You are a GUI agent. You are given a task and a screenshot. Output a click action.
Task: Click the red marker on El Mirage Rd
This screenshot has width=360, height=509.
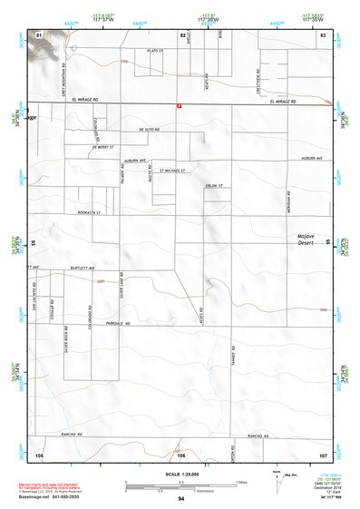(180, 106)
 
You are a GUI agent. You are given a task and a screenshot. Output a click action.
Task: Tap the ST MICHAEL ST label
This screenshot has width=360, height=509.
(172, 170)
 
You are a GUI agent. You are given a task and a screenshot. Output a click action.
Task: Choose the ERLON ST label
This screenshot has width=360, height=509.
(213, 187)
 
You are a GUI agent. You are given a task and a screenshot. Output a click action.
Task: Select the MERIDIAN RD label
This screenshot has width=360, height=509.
(287, 201)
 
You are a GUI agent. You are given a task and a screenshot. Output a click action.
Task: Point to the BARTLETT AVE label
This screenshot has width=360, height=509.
(82, 269)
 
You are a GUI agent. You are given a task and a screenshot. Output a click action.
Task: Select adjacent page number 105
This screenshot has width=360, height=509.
(39, 454)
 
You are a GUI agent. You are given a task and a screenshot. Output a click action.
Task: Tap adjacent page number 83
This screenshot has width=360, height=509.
(322, 34)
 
